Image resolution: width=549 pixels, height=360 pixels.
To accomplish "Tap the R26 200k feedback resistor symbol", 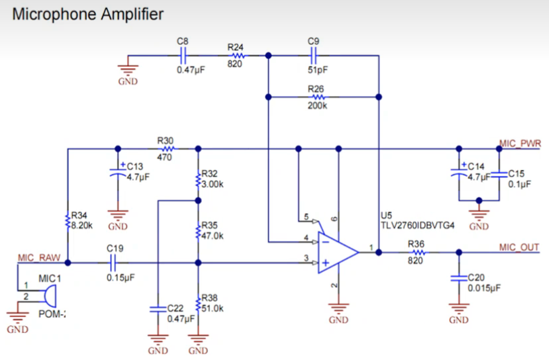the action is click(x=318, y=97).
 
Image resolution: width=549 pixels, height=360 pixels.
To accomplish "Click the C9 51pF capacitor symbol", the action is click(x=313, y=56).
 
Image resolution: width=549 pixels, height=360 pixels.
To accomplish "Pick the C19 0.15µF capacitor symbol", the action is click(x=113, y=263).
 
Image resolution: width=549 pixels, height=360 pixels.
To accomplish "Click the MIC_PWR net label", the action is click(x=520, y=144).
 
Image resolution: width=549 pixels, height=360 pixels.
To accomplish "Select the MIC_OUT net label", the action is click(x=519, y=247).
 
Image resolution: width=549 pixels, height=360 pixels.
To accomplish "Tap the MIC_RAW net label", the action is click(x=39, y=258).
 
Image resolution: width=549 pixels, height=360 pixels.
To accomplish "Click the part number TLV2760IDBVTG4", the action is click(x=417, y=225).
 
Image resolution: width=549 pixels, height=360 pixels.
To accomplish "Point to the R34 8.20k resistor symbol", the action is click(x=68, y=222).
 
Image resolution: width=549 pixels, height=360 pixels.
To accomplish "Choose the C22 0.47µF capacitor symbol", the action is click(x=158, y=309).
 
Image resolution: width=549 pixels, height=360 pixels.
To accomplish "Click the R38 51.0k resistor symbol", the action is click(x=198, y=304).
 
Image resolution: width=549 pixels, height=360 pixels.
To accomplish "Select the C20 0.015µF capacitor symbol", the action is click(x=459, y=278).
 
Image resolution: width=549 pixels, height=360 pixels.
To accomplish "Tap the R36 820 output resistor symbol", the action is click(x=418, y=252).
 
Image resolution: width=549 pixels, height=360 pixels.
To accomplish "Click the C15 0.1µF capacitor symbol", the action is click(x=499, y=175).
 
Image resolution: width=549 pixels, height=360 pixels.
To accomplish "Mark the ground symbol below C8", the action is click(x=128, y=71).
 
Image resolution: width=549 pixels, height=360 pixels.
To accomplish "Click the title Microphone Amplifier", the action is click(x=88, y=15).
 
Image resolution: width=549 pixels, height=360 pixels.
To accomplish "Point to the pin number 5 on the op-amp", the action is click(x=307, y=217).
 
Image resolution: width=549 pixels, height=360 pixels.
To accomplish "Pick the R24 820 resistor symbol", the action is click(x=238, y=56).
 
